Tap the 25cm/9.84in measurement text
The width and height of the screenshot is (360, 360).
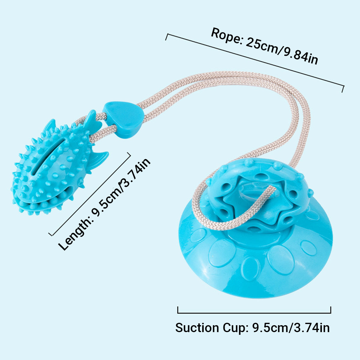(282, 51)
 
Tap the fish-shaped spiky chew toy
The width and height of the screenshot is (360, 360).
(54, 168)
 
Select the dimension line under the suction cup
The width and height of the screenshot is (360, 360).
(254, 313)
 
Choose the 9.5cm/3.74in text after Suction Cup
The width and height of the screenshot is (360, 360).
(291, 328)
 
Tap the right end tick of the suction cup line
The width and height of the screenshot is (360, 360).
(331, 310)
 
